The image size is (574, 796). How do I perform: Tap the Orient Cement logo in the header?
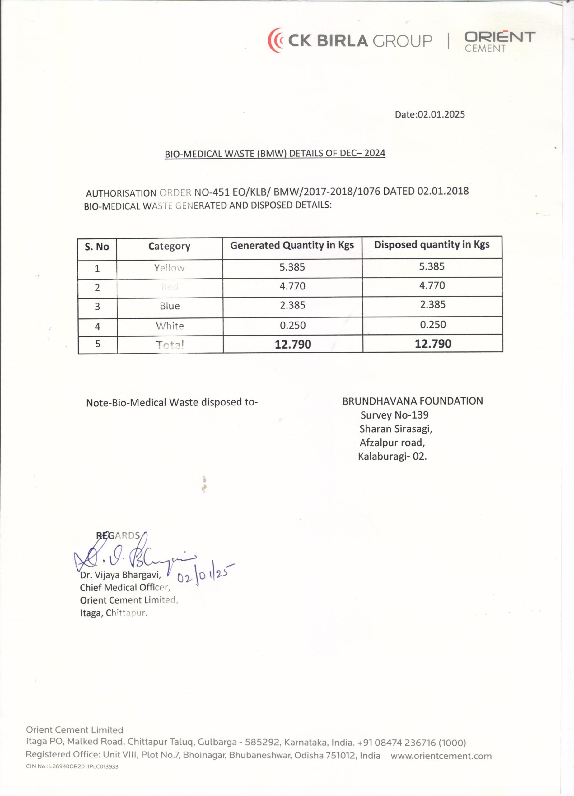pyautogui.click(x=500, y=41)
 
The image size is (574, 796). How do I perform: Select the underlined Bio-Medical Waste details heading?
pyautogui.click(x=275, y=154)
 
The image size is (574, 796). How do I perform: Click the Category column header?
pyautogui.click(x=169, y=246)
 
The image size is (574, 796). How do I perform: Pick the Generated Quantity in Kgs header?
pyautogui.click(x=292, y=245)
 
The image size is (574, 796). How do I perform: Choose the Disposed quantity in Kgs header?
pyautogui.click(x=432, y=245)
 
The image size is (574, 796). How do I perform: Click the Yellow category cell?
pyautogui.click(x=169, y=268)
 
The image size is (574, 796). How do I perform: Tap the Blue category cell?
pyautogui.click(x=170, y=306)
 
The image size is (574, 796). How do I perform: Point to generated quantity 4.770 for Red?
pyautogui.click(x=292, y=286)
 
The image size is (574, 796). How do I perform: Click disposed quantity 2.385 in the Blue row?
pyautogui.click(x=432, y=304)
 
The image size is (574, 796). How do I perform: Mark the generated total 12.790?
pyautogui.click(x=293, y=344)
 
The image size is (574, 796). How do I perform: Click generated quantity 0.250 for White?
pyautogui.click(x=292, y=325)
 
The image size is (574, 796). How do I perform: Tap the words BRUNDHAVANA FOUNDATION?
pyautogui.click(x=413, y=401)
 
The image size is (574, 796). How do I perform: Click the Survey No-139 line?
pyautogui.click(x=394, y=415)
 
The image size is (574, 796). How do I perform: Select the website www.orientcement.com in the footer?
pyautogui.click(x=441, y=756)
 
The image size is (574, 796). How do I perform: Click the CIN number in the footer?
pyautogui.click(x=72, y=766)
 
